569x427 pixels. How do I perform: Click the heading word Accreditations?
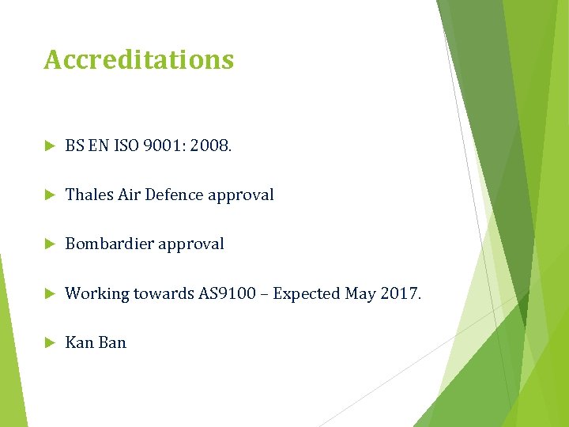coord(138,60)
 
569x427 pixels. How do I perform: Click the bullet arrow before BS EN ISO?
coord(49,145)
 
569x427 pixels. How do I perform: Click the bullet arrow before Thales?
coord(49,195)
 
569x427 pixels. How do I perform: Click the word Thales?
coord(89,195)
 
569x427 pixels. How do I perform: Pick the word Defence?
coord(184,195)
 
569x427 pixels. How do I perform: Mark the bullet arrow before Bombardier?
coord(49,244)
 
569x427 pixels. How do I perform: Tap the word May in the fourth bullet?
coord(360,294)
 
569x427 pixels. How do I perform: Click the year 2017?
coord(400,294)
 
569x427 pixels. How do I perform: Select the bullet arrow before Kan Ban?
coord(49,343)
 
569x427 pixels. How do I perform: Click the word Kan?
coord(79,343)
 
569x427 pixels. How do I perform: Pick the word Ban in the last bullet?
coord(112,343)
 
